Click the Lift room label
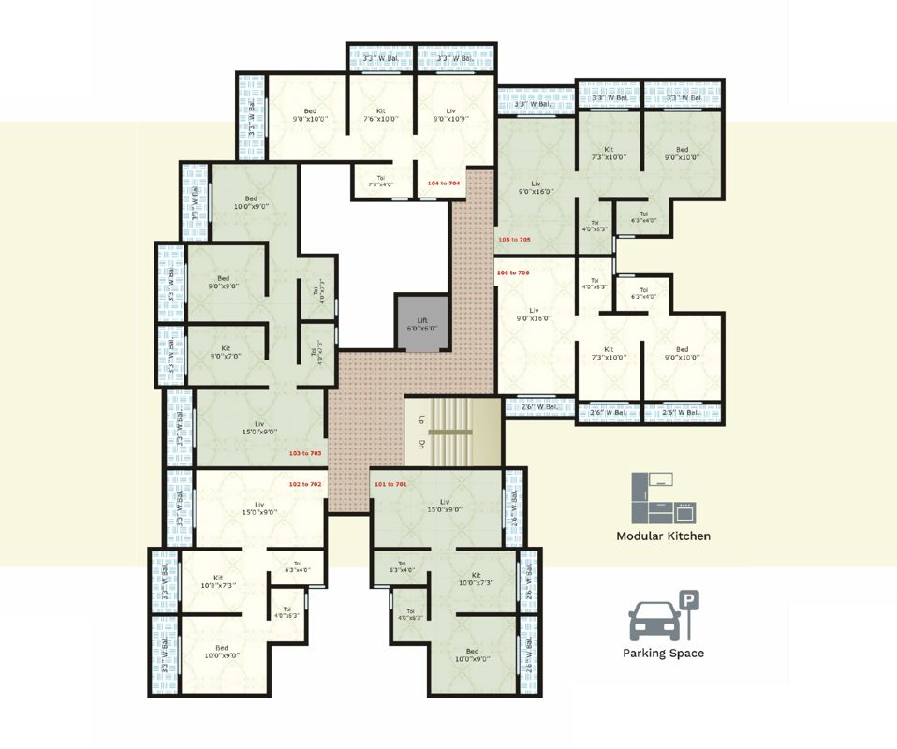coord(422,324)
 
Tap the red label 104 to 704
coord(444,184)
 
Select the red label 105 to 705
coord(514,240)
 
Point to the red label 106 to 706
coord(514,272)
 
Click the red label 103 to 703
coord(305,453)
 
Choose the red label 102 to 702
coord(305,484)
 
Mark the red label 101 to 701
coord(390,484)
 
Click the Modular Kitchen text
coord(663,536)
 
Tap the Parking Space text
coord(663,654)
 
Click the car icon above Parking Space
coord(654,621)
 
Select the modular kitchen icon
coord(663,499)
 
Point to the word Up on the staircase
coord(422,419)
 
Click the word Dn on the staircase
coord(422,444)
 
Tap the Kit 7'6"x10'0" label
coord(381,115)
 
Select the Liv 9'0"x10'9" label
coord(451,115)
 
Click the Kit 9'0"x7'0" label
coord(226,352)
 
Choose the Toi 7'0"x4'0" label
coord(381,181)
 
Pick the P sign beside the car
coord(688,600)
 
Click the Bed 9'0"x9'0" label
coord(224,283)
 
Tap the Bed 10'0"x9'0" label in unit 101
coord(472,655)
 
